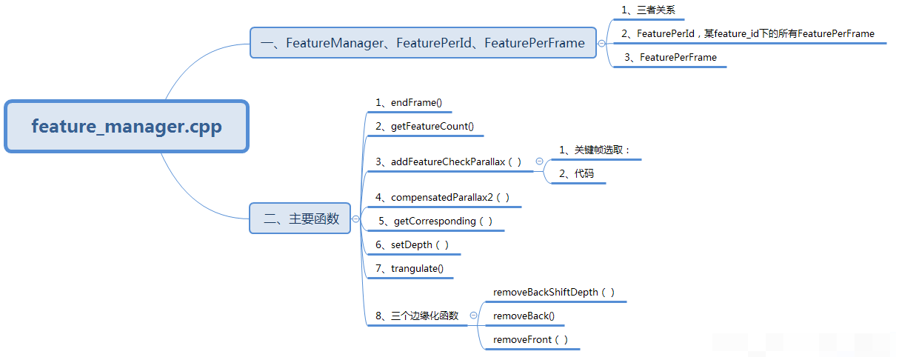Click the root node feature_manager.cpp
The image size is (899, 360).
click(127, 127)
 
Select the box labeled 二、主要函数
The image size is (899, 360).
click(300, 219)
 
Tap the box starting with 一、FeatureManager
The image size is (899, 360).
click(423, 43)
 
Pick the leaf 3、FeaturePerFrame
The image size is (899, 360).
click(670, 57)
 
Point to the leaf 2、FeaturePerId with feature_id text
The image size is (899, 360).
click(748, 33)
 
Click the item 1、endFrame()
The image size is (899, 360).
click(409, 102)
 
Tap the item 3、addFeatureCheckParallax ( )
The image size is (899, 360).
click(449, 161)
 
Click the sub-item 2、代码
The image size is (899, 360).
click(576, 173)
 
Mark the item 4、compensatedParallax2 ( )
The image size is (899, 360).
click(443, 197)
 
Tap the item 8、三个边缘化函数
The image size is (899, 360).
click(417, 316)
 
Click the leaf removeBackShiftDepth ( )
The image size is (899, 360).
click(554, 292)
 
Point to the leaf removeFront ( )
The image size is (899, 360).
click(531, 339)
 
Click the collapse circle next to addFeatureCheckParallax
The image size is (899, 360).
click(539, 161)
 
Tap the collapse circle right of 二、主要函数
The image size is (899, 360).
click(356, 219)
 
